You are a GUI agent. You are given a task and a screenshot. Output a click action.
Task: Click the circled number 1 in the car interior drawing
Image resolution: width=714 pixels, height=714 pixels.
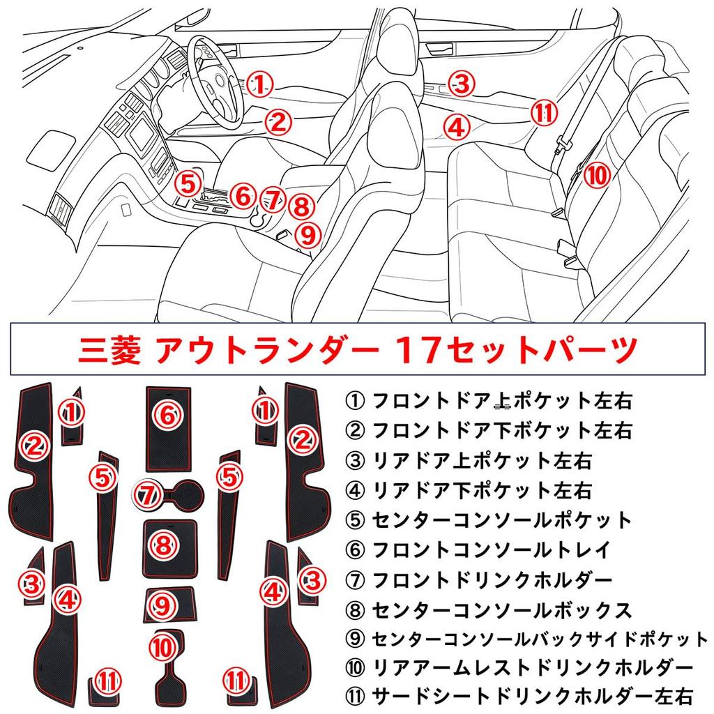[259, 84]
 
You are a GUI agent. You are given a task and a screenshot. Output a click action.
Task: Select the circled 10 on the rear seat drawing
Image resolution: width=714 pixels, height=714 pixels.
[596, 175]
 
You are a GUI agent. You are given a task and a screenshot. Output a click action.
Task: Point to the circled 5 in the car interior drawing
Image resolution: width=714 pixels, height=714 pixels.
[188, 184]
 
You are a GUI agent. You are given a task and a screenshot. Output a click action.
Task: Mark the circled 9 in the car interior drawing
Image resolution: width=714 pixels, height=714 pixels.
[308, 236]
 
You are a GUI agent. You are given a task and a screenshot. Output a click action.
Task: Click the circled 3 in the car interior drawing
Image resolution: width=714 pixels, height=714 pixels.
[462, 84]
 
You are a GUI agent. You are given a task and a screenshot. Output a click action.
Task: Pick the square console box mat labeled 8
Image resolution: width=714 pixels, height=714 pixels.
[169, 549]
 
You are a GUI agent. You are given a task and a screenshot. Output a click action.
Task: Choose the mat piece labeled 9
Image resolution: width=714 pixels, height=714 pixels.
[171, 605]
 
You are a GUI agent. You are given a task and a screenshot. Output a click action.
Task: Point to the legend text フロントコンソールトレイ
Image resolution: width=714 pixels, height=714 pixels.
[491, 549]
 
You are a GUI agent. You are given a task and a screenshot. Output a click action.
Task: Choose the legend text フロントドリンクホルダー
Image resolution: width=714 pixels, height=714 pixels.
[492, 579]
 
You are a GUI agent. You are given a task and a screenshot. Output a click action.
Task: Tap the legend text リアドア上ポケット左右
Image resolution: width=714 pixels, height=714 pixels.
[483, 461]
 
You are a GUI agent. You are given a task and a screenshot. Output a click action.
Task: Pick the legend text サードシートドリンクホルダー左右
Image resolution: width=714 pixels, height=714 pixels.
[533, 697]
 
